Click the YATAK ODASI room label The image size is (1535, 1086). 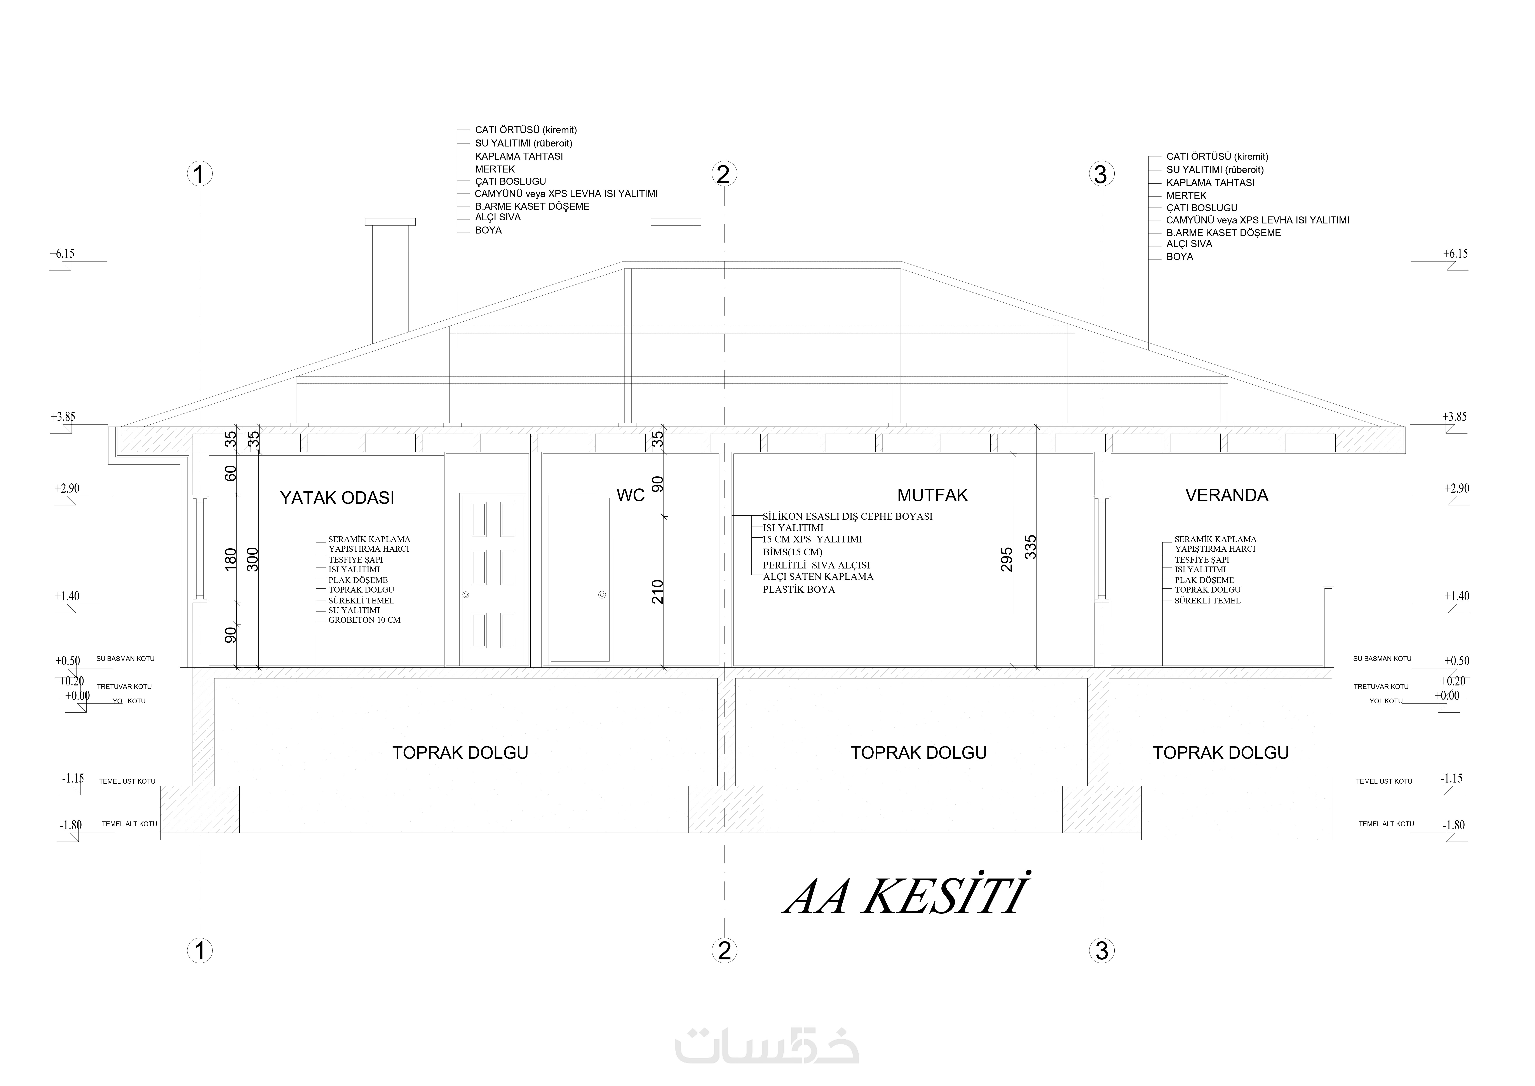(337, 498)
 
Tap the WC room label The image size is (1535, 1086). (631, 495)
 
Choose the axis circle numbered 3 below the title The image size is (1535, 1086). (1102, 950)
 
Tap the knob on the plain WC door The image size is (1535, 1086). (602, 594)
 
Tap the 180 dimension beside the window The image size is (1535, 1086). (231, 560)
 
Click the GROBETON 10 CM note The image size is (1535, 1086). (364, 620)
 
